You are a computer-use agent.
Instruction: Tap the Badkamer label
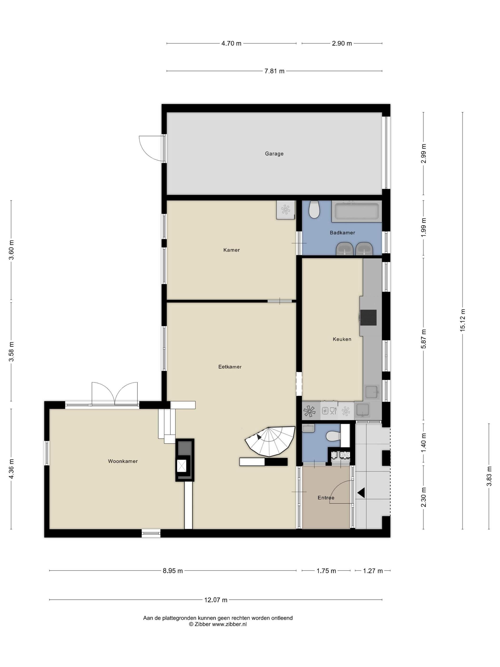[342, 232]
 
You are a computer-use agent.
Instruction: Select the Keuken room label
[342, 339]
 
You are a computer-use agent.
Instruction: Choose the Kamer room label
[231, 250]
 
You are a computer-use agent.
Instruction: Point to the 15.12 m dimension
[462, 320]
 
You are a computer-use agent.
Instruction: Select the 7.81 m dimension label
[274, 71]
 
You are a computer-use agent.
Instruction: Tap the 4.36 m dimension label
[11, 469]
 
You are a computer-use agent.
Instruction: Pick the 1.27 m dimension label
[373, 571]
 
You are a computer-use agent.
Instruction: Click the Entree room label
[326, 498]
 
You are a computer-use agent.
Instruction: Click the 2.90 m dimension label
[342, 43]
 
